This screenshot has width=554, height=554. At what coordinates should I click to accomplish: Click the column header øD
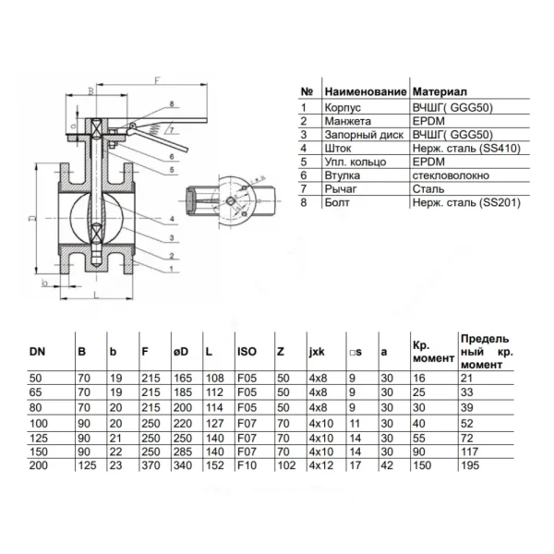click(x=181, y=352)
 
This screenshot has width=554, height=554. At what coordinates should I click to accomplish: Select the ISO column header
click(x=247, y=351)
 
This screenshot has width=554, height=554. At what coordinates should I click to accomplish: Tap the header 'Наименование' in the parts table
click(x=366, y=91)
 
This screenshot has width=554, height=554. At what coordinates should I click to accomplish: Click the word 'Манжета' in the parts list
click(x=348, y=121)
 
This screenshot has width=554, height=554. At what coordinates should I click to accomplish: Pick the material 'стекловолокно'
click(x=451, y=175)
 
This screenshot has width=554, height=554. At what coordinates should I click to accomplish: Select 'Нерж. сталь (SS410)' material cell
click(x=466, y=149)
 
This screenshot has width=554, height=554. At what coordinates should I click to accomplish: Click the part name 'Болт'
click(x=337, y=202)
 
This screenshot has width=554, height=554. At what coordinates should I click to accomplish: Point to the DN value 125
click(x=39, y=438)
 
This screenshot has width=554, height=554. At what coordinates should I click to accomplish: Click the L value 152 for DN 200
click(x=215, y=465)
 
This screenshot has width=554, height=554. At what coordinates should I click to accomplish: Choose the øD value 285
click(x=183, y=452)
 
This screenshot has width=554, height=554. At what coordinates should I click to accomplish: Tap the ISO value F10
click(x=247, y=465)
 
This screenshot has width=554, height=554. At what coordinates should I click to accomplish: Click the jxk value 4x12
click(x=321, y=465)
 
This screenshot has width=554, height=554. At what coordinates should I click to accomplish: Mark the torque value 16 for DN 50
click(x=419, y=379)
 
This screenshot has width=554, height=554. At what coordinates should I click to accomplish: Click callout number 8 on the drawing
click(x=172, y=103)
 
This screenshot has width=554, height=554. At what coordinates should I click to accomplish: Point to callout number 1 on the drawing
click(x=172, y=269)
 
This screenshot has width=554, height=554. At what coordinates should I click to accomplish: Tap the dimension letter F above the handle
click(x=157, y=80)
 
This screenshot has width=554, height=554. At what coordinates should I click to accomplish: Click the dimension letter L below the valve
click(x=96, y=295)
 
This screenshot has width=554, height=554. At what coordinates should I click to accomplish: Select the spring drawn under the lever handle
click(x=153, y=129)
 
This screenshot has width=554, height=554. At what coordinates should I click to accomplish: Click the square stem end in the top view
click(x=231, y=200)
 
